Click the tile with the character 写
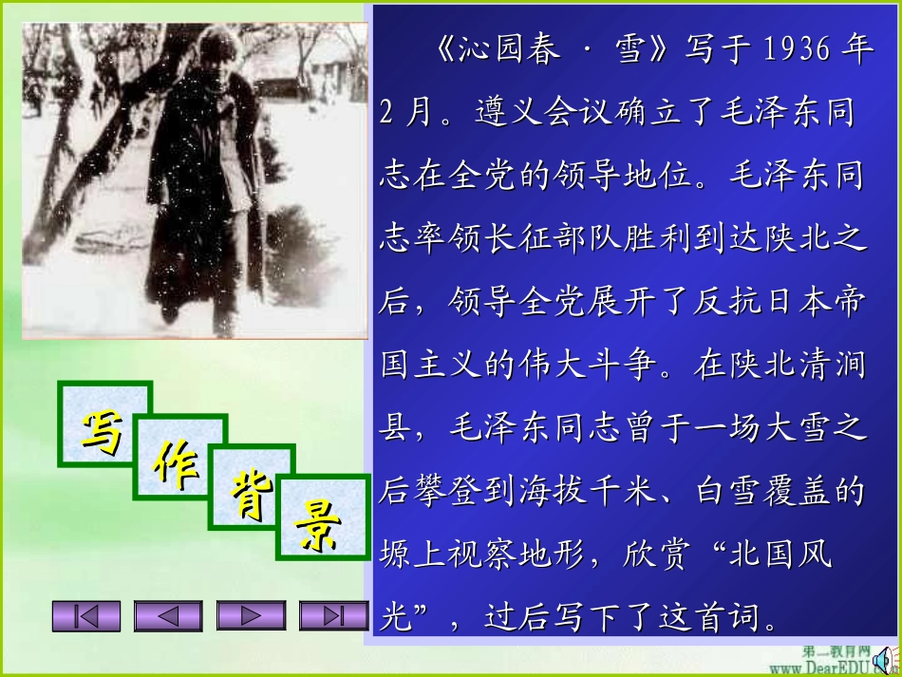[x=103, y=424]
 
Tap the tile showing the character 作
[x=178, y=462]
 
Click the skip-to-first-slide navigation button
[x=86, y=616]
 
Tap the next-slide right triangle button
[x=251, y=616]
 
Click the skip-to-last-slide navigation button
[x=333, y=616]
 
